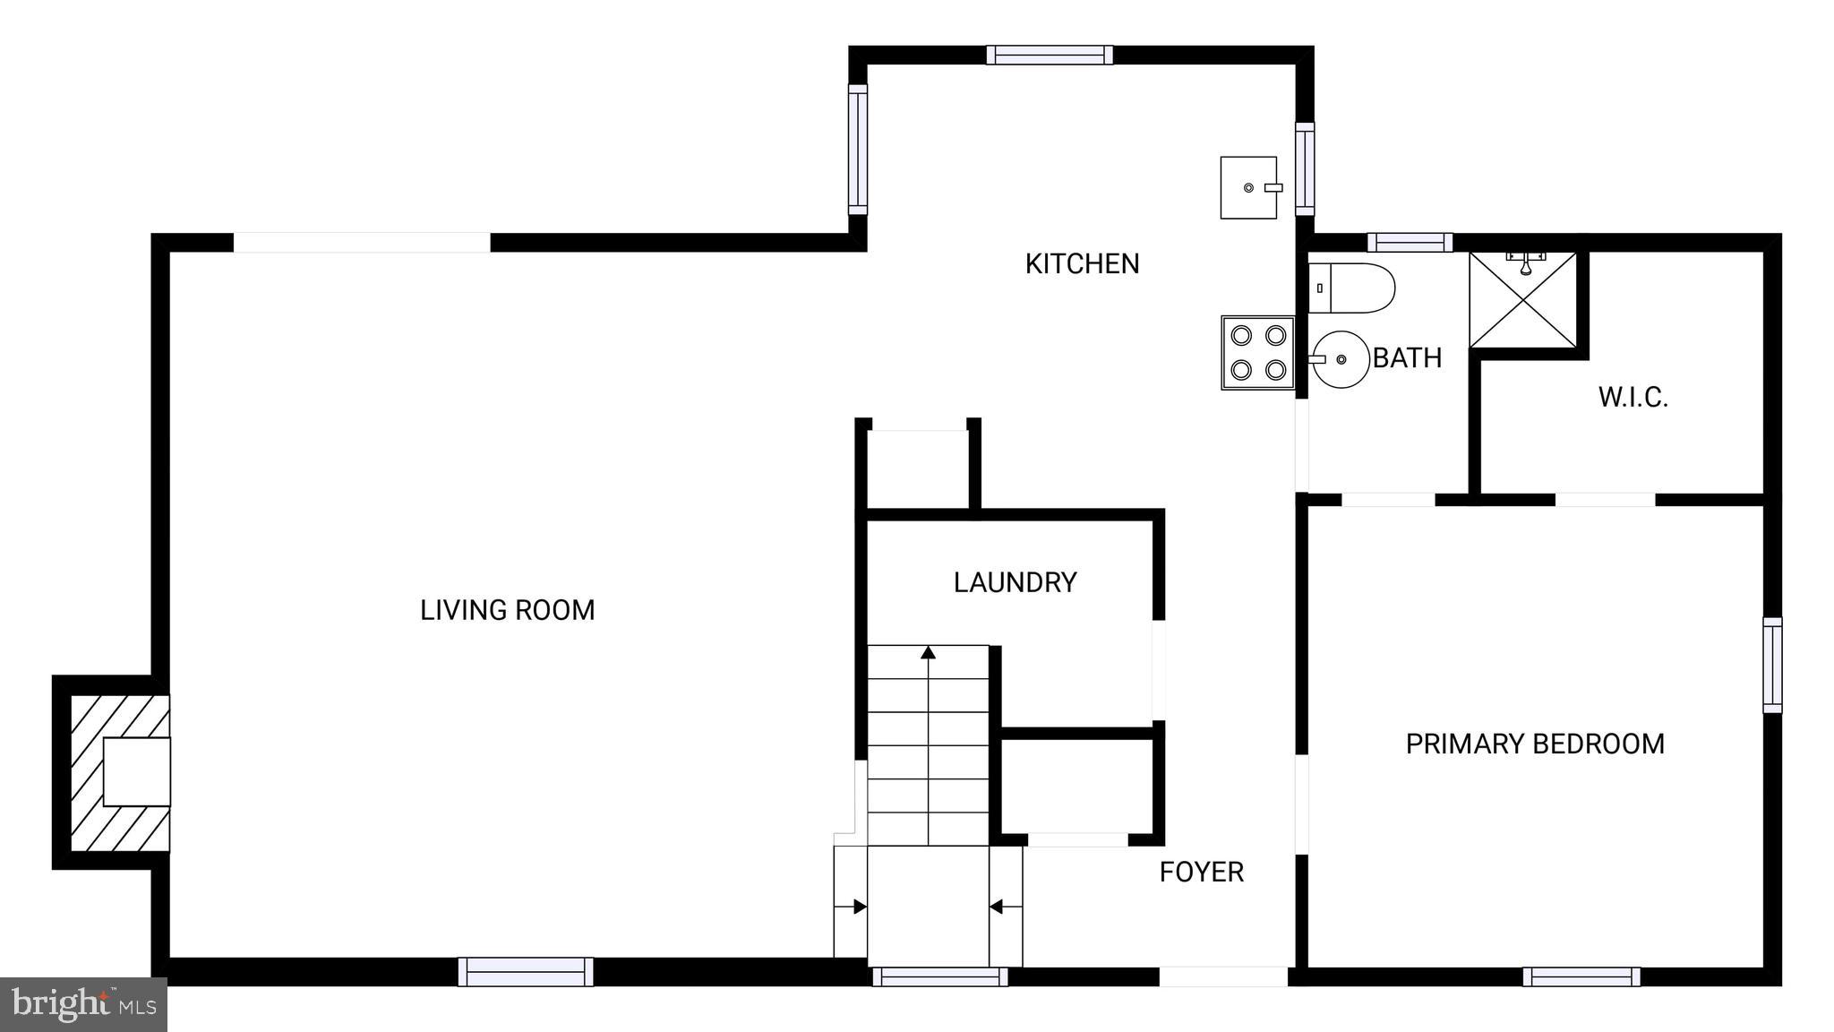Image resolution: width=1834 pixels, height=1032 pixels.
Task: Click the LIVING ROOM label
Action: [508, 610]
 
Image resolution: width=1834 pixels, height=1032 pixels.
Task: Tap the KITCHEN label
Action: [1082, 264]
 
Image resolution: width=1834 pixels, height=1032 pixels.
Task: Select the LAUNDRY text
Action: [1015, 583]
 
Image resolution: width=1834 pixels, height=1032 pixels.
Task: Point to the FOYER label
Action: [1202, 873]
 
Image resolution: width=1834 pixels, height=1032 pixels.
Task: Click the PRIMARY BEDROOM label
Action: [1535, 744]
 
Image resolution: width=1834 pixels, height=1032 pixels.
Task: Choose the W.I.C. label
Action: [1633, 398]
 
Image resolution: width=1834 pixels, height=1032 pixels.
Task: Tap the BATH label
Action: [1407, 358]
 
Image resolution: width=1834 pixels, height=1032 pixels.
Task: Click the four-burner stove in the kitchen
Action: [1258, 352]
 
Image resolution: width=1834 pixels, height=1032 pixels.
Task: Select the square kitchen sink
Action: [1249, 187]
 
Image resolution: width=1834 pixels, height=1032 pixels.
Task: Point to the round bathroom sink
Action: [1340, 359]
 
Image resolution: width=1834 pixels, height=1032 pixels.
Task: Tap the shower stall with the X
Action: [1523, 299]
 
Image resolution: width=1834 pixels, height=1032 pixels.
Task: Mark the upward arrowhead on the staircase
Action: [929, 652]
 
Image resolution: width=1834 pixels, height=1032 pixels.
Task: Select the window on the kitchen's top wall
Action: [1050, 55]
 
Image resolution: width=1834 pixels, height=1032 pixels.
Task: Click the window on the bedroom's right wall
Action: [1772, 665]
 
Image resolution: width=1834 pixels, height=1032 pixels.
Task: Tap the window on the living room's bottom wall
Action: [526, 972]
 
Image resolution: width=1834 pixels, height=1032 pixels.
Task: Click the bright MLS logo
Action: [83, 1004]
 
